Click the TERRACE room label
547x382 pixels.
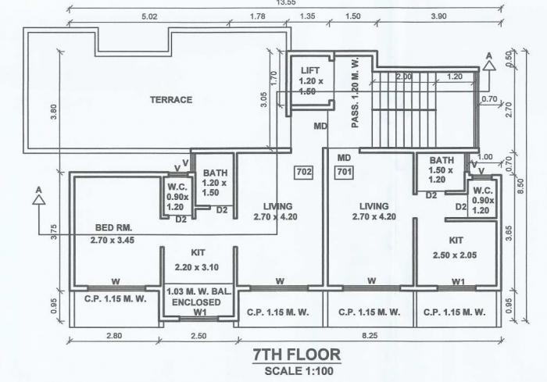(171, 100)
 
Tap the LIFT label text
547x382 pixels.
(310, 70)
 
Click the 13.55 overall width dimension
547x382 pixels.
(275, 3)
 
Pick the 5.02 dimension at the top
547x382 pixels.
(149, 16)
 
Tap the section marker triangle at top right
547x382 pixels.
(488, 66)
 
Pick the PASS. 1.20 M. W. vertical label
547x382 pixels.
(356, 92)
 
